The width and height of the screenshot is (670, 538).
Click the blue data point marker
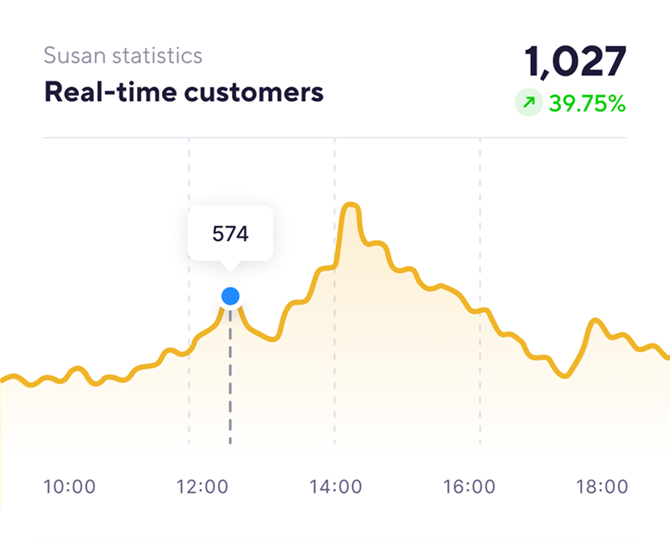231,296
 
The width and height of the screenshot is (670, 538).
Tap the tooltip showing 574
230,234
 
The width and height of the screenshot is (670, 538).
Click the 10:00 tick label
70,487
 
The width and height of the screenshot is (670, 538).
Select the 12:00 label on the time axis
203,487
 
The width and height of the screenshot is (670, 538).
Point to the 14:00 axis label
335,487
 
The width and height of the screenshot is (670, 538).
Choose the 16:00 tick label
469,487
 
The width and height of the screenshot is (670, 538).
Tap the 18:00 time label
602,487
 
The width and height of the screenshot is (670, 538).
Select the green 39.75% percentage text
587,104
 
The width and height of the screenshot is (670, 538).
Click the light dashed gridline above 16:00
480,220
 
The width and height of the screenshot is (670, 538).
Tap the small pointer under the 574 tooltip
231,265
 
